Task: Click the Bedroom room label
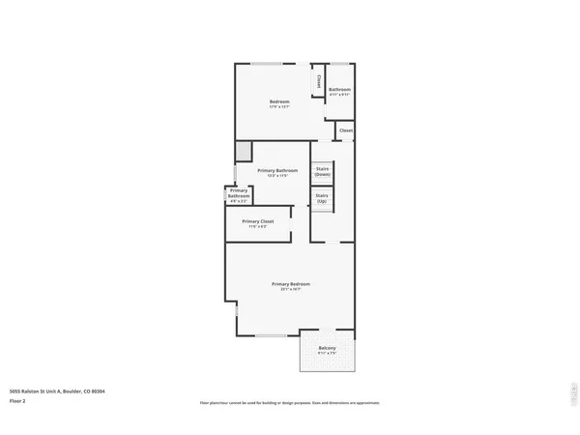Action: pos(279,101)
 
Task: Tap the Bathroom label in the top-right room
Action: pos(339,89)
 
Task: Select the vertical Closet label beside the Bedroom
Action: pos(319,82)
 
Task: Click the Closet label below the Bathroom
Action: pos(345,130)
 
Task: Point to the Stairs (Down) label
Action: pos(323,170)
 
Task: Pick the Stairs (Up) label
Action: pos(322,197)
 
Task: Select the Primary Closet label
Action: pos(258,221)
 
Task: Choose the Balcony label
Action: pos(328,348)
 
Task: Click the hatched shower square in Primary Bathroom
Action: pos(244,151)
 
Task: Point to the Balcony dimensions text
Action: pos(328,354)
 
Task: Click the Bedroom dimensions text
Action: pos(279,106)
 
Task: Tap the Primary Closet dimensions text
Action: pos(258,227)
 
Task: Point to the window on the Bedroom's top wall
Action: pos(267,65)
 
